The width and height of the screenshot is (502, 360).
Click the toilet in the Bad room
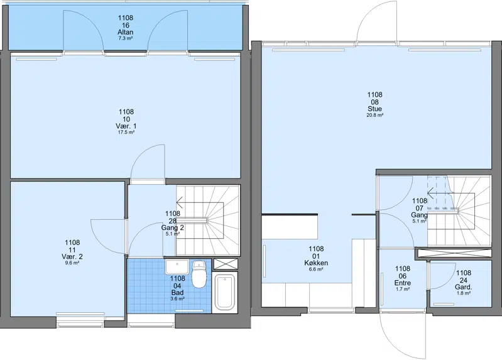199,274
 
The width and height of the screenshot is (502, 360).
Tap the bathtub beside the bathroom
225,292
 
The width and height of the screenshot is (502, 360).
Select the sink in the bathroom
177,267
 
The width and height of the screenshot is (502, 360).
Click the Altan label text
126,32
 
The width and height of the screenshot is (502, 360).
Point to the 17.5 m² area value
126,132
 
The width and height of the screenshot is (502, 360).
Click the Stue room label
374,109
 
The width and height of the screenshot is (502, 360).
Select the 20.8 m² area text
375,115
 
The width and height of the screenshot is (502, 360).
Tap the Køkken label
316,263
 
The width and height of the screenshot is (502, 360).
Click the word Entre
403,283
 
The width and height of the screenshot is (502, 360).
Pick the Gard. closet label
464,287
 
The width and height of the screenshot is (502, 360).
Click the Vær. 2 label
72,256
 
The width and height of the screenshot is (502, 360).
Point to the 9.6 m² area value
72,263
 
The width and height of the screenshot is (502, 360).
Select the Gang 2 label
173,227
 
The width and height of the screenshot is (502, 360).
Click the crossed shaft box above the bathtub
226,265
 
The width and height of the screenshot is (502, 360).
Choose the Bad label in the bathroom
177,293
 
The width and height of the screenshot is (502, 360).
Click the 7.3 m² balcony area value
126,38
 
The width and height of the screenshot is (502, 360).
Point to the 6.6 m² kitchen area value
316,270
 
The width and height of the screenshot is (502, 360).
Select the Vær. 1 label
126,126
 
